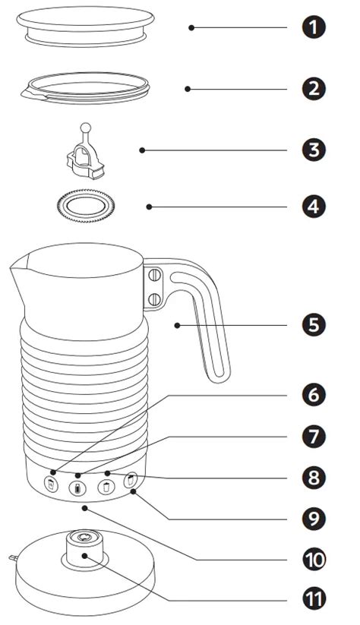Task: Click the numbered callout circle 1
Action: [x=314, y=27]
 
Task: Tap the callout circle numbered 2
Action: [x=314, y=89]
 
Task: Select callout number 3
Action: [x=314, y=150]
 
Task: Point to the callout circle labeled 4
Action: [x=314, y=207]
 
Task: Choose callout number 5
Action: [x=314, y=325]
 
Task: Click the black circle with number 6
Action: [x=314, y=395]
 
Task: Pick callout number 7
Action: [x=314, y=437]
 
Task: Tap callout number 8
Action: [x=314, y=478]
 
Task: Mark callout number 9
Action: [x=314, y=519]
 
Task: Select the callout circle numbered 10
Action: [x=314, y=560]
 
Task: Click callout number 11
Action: [x=314, y=600]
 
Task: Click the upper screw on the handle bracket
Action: [x=155, y=275]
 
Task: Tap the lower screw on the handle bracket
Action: [x=155, y=299]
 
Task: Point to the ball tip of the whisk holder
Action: [x=86, y=128]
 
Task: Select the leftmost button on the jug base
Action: [x=51, y=485]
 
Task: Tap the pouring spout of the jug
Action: [x=18, y=269]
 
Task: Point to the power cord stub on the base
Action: [x=13, y=557]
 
